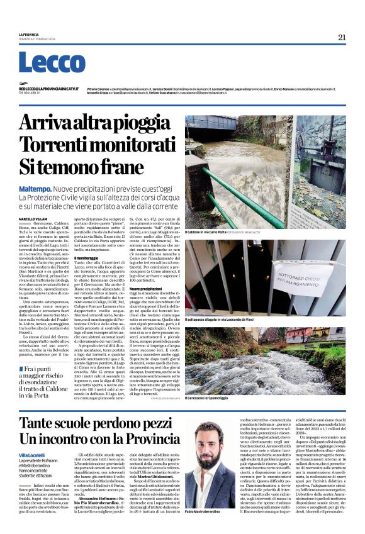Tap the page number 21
click(x=342, y=37)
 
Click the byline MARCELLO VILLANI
click(x=32, y=218)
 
